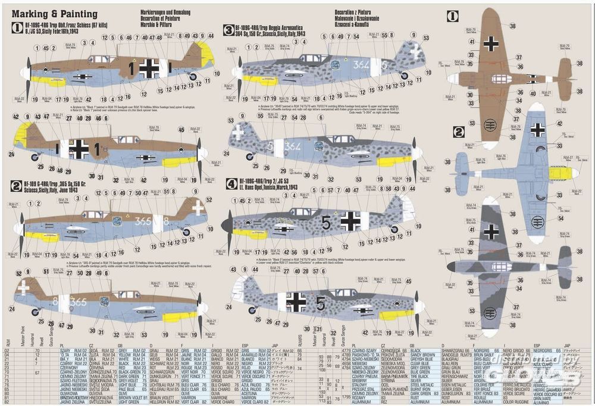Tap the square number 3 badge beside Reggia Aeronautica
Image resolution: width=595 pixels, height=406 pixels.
228,29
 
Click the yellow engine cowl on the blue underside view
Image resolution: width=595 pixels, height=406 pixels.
560,173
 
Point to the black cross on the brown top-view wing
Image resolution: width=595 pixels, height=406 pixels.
491,43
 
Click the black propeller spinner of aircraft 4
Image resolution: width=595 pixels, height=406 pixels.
227,224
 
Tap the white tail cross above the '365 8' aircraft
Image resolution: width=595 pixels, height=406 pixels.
198,207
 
